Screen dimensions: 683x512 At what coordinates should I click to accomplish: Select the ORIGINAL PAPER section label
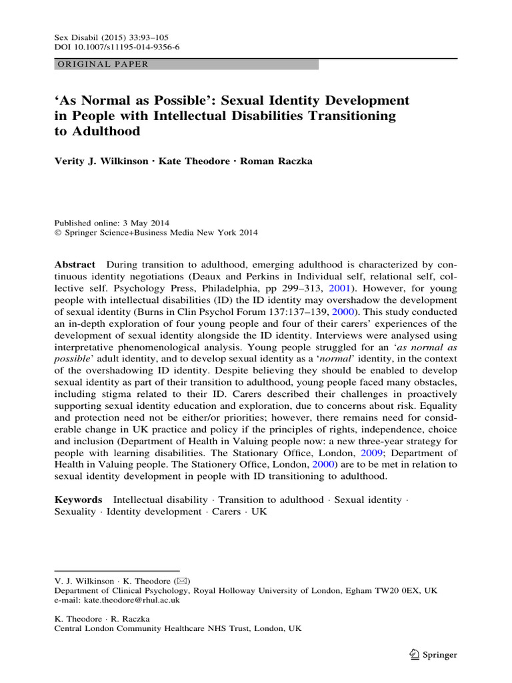click(101, 65)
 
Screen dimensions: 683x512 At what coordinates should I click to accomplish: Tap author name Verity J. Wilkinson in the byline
click(100, 161)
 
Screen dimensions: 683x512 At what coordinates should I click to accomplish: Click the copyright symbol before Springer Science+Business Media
click(57, 233)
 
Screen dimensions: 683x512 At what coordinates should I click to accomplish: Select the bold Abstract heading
click(75, 265)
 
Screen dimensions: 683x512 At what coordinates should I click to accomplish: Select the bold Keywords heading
click(78, 500)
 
